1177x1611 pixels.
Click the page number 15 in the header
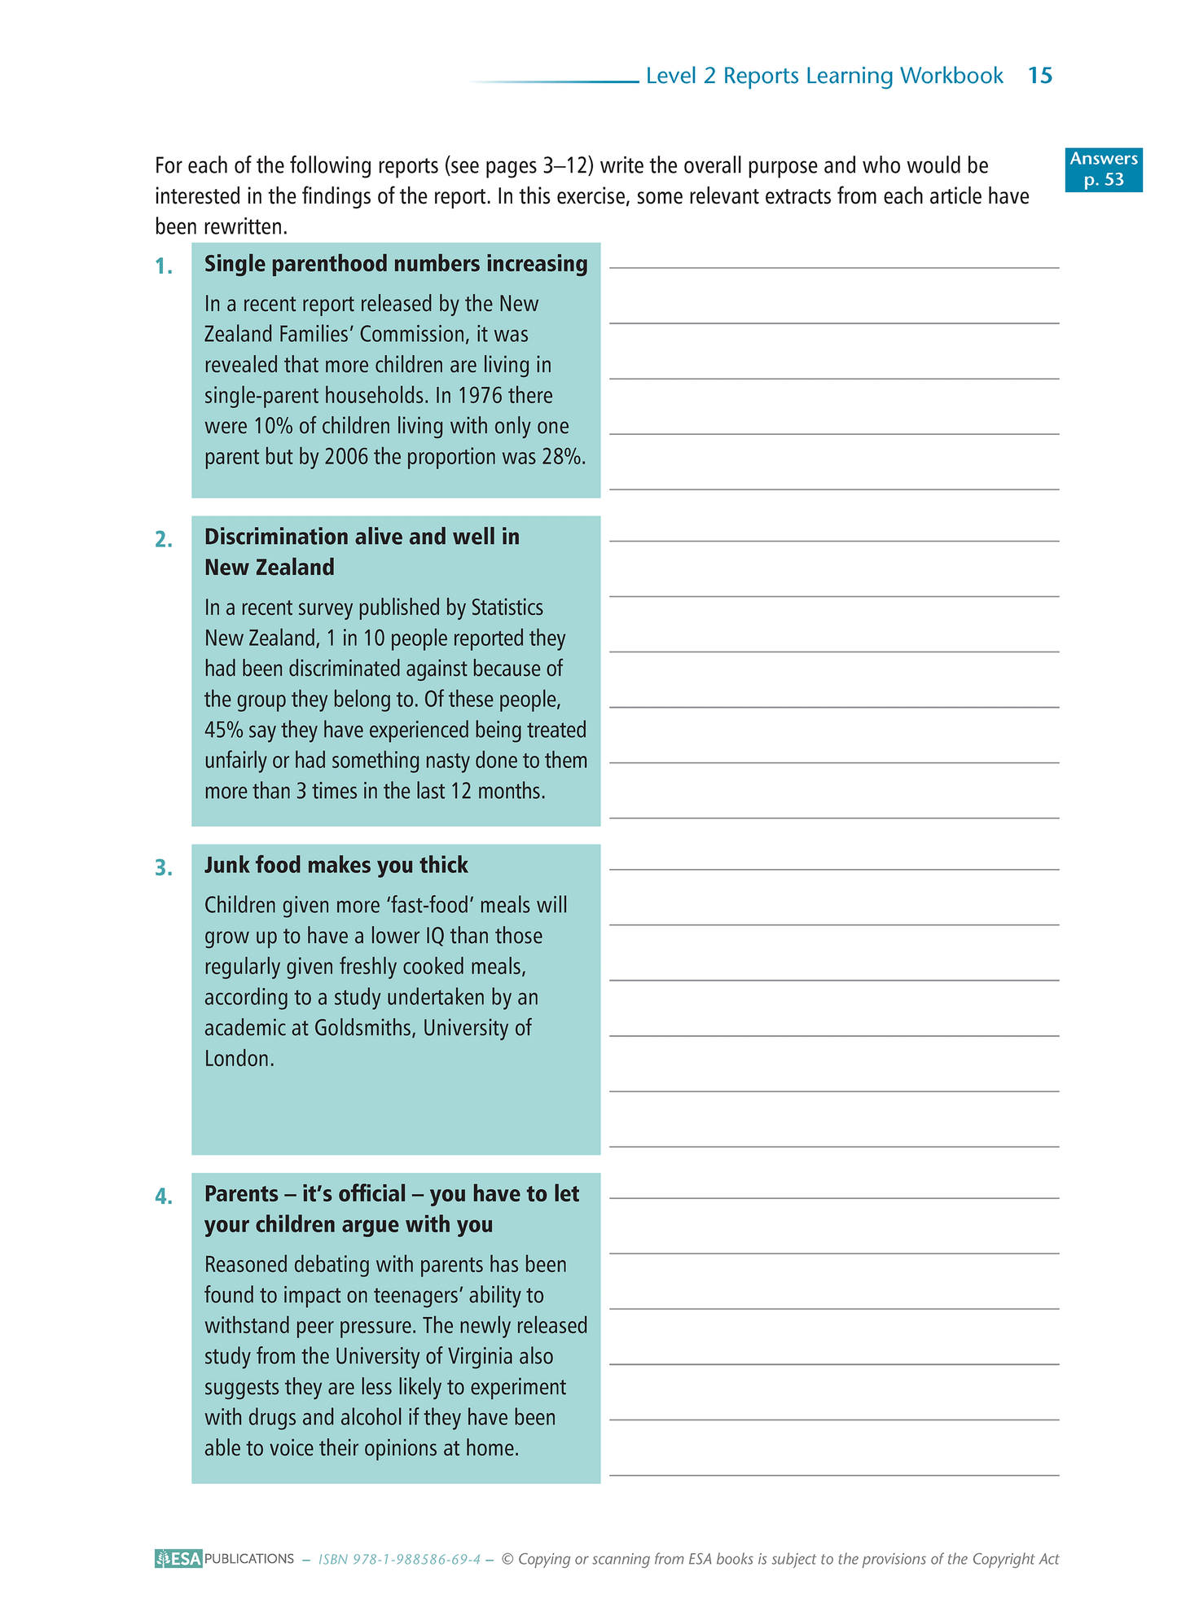coord(1040,76)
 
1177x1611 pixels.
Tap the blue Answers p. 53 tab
coord(1104,169)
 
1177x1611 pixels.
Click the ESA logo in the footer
coord(178,1559)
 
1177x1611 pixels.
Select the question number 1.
coord(164,266)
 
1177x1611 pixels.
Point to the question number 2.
coord(164,539)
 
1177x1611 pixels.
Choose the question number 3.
coord(164,868)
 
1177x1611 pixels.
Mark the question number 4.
coord(164,1196)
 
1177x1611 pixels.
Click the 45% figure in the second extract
coord(223,731)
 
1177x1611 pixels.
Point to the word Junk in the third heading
coord(226,865)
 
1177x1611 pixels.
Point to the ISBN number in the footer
coord(399,1560)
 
